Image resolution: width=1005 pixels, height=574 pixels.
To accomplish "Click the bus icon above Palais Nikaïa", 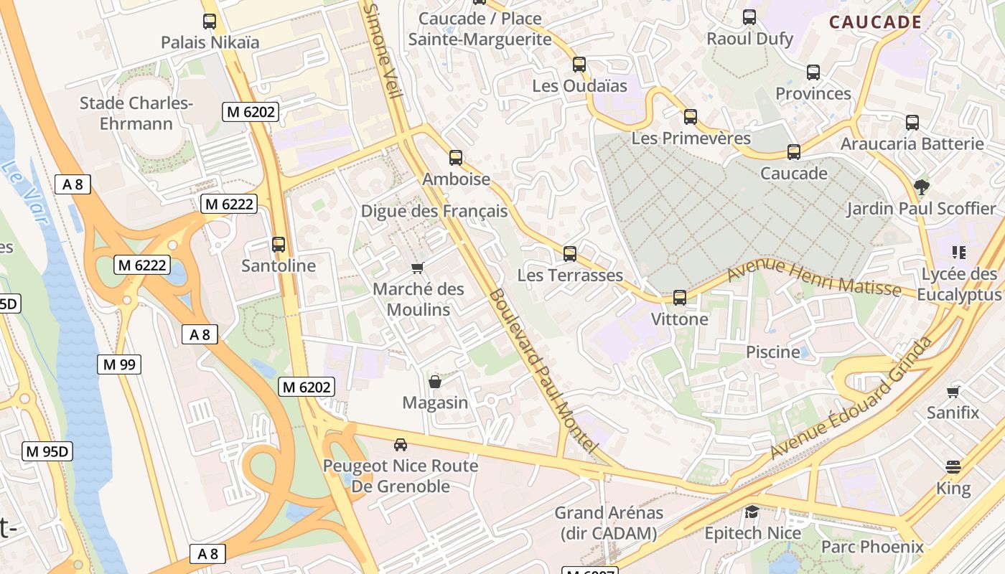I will pyautogui.click(x=210, y=22).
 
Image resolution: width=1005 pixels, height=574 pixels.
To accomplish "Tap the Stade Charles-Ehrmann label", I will pyautogui.click(x=136, y=113).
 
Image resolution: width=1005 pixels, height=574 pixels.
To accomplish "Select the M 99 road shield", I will pyautogui.click(x=119, y=364).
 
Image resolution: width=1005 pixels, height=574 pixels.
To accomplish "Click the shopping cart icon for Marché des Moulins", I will pyautogui.click(x=417, y=268).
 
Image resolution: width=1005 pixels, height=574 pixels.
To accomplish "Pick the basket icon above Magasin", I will pyautogui.click(x=435, y=382).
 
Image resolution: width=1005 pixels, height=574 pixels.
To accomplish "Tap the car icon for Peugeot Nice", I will pyautogui.click(x=401, y=445).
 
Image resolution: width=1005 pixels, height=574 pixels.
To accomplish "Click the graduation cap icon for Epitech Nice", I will pyautogui.click(x=752, y=512).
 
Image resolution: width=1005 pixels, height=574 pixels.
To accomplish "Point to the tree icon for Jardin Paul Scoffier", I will pyautogui.click(x=922, y=187).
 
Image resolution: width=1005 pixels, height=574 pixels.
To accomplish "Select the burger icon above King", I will pyautogui.click(x=953, y=468).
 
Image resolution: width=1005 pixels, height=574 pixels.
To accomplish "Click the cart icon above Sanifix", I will pyautogui.click(x=953, y=392).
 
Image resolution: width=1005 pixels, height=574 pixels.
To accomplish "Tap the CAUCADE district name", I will pyautogui.click(x=875, y=22).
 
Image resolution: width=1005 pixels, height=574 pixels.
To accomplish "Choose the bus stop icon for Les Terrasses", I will pyautogui.click(x=570, y=254).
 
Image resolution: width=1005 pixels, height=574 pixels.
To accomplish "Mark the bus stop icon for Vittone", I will pyautogui.click(x=680, y=298).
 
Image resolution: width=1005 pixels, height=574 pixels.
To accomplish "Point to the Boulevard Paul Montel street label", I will pyautogui.click(x=543, y=371).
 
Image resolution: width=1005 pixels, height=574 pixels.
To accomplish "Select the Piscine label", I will pyautogui.click(x=772, y=352).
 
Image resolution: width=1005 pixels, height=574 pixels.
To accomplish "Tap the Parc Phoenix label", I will pyautogui.click(x=872, y=547).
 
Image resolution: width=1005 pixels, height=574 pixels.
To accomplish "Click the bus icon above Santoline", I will pyautogui.click(x=279, y=245).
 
